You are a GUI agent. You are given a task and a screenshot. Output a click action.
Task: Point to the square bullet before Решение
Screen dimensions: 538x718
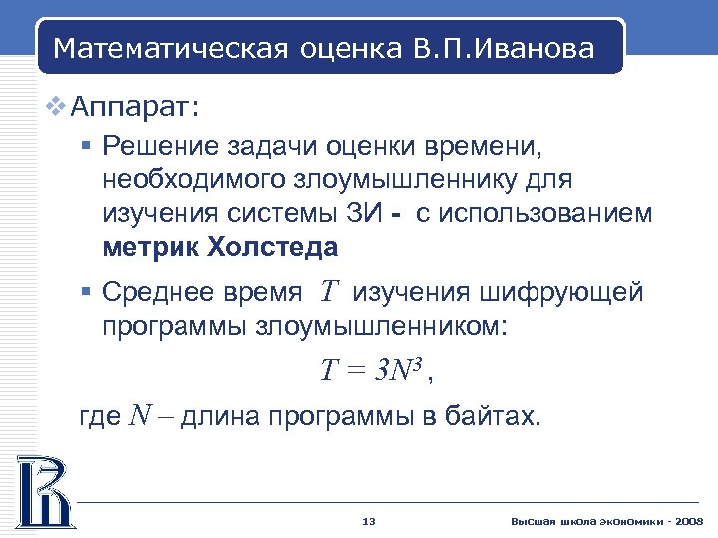pyautogui.click(x=86, y=147)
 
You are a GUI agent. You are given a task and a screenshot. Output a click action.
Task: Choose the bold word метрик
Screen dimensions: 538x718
pyautogui.click(x=149, y=247)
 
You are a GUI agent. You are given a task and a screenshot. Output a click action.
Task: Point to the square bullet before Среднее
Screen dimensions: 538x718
pyautogui.click(x=86, y=293)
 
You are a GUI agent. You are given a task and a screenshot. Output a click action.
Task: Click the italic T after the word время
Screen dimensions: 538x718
pyautogui.click(x=330, y=292)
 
